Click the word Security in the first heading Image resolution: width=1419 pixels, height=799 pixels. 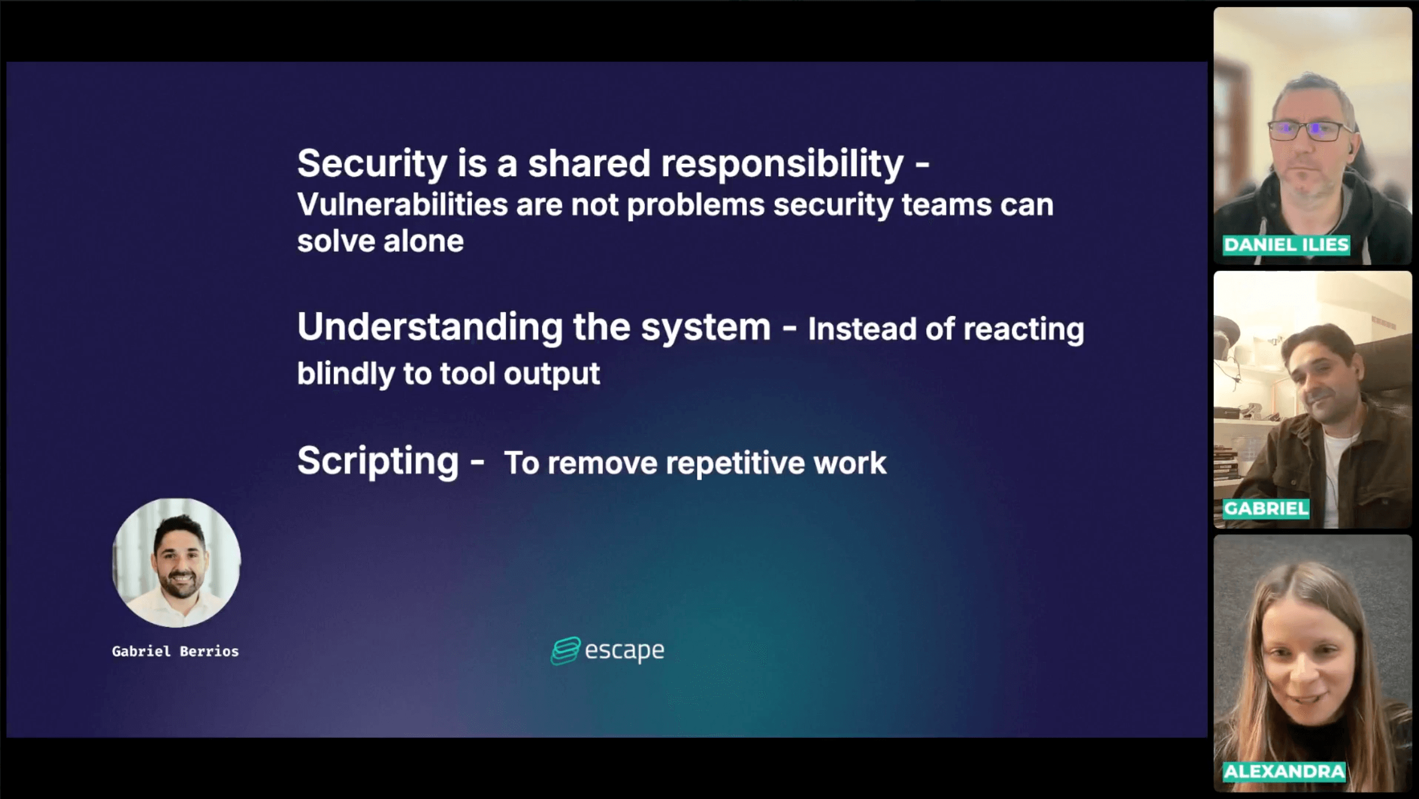tap(372, 164)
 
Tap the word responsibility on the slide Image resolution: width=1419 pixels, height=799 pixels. tap(782, 164)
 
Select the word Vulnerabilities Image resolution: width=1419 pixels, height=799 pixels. tap(403, 205)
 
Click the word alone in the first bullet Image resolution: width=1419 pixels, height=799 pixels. tap(423, 242)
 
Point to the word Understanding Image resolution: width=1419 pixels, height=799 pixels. tap(430, 327)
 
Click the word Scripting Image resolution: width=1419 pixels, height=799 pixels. tap(378, 462)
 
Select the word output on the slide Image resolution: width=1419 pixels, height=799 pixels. tap(552, 375)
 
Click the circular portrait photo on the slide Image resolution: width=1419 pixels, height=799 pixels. tap(176, 563)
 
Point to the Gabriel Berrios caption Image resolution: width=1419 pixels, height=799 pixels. tap(175, 651)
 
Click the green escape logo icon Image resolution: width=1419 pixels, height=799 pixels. tap(565, 651)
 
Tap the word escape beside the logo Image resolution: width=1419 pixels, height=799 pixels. tap(625, 651)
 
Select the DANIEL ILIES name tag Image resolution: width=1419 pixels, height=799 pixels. tap(1286, 245)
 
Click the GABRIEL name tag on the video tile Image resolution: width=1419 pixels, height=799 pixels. tap(1266, 509)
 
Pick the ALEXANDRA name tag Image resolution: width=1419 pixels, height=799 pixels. tap(1284, 772)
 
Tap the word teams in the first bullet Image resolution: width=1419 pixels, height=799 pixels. tap(946, 205)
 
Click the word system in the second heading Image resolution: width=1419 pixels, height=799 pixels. tap(705, 328)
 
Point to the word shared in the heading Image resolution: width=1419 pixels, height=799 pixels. tap(589, 164)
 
